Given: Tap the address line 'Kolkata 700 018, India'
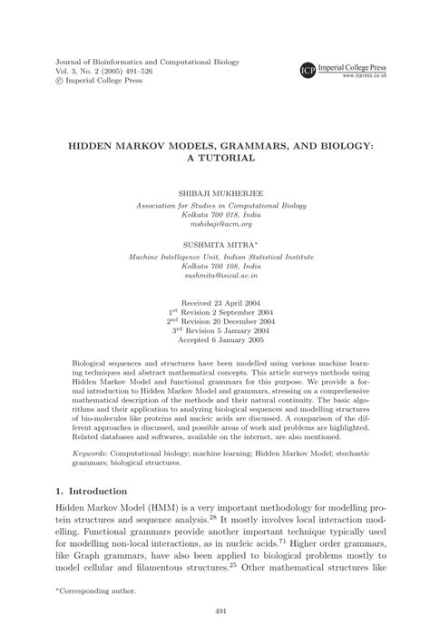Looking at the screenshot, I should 215,216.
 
